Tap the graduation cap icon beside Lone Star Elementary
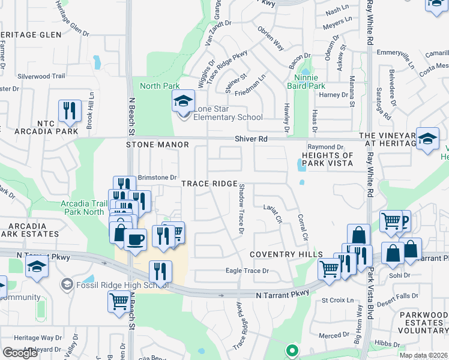(x=184, y=101)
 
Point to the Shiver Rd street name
(x=251, y=139)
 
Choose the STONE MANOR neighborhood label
(x=157, y=145)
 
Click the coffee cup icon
(x=135, y=239)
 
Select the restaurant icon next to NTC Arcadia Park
(x=70, y=110)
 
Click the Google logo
(x=20, y=353)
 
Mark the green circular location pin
(x=292, y=351)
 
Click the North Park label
(x=159, y=86)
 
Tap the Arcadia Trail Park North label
(x=83, y=208)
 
